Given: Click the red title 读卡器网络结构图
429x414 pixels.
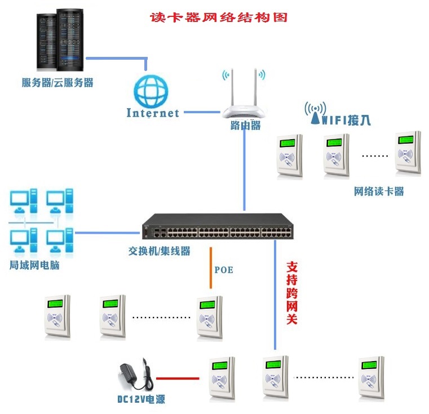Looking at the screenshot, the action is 219,17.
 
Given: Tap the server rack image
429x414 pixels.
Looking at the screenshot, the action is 60,40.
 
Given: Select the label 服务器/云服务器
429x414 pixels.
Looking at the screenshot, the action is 58,82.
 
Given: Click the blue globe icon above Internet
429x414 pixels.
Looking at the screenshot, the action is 151,91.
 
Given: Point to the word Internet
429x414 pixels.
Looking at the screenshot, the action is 153,113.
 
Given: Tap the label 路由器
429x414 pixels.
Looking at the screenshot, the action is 245,126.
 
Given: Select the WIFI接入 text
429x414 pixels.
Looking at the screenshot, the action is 346,121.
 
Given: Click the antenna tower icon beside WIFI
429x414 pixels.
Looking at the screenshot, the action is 316,113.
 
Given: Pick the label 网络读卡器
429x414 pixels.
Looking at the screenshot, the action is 379,192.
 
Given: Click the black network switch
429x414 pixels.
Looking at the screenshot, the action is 218,226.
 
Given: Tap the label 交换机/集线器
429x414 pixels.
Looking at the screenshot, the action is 159,251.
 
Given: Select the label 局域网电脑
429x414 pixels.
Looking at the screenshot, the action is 34,265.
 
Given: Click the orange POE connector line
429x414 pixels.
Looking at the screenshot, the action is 211,268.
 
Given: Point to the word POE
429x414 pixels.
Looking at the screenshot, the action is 224,270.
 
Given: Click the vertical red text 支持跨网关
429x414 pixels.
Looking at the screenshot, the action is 291,293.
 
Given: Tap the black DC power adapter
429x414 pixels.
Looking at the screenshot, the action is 135,375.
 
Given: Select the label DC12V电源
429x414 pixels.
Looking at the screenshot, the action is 141,399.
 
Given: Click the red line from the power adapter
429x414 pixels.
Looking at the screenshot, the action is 178,379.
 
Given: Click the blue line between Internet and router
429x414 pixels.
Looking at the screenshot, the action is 202,112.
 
